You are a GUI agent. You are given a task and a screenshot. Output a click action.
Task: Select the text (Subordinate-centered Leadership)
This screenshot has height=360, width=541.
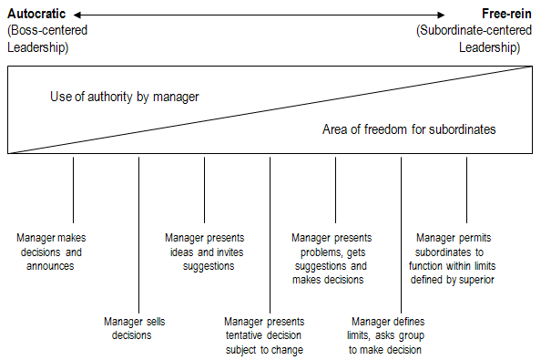tap(474, 38)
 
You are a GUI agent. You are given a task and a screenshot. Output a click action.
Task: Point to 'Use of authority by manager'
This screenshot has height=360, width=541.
tap(124, 97)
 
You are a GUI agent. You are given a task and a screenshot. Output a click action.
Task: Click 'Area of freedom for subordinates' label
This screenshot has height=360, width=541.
tap(409, 129)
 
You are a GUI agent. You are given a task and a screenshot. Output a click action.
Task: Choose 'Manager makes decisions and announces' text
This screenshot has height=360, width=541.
tap(51, 252)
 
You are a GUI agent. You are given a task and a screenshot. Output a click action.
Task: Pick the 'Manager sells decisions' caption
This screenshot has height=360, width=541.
tap(134, 327)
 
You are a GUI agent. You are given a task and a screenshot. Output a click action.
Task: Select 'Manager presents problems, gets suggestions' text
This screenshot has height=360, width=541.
tap(331, 259)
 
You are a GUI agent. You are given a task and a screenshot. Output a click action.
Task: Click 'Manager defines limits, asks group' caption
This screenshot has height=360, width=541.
tap(387, 334)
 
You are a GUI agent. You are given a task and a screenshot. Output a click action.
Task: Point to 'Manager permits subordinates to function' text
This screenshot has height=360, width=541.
tap(453, 259)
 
